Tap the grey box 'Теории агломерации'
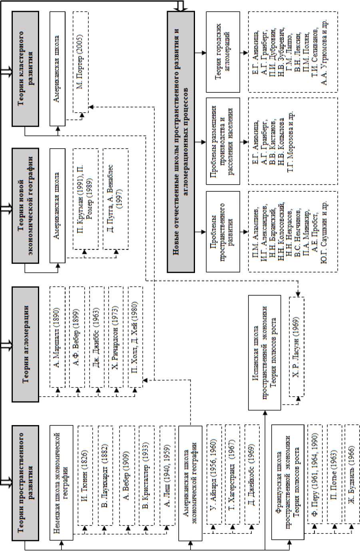26,344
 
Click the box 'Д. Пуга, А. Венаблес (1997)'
115,198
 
